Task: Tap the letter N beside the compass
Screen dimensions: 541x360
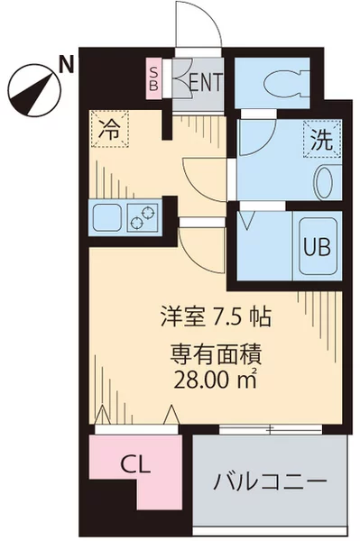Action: [x=65, y=63]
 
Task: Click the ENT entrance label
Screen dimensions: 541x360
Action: [x=205, y=82]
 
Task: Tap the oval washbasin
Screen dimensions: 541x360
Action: [x=323, y=184]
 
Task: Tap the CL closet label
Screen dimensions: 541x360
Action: [x=136, y=464]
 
